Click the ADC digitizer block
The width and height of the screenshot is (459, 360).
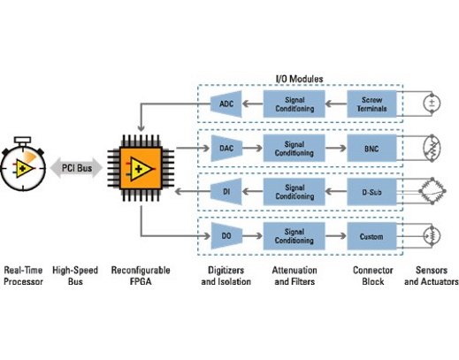(226, 103)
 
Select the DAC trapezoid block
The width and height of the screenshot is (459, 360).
(226, 148)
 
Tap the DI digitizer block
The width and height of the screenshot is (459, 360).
(226, 192)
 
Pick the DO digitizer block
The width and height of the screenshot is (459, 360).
(226, 236)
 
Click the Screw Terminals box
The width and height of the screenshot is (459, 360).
(371, 104)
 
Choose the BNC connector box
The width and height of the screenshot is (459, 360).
(371, 149)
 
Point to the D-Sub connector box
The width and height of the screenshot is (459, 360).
(371, 192)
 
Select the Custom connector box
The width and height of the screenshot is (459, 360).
(371, 236)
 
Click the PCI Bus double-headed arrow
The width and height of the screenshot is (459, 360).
(76, 168)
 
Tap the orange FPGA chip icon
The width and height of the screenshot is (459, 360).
(141, 168)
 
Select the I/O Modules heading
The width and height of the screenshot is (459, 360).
(299, 79)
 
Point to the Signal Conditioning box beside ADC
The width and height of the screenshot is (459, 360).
(295, 104)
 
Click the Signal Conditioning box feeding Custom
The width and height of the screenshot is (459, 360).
(295, 236)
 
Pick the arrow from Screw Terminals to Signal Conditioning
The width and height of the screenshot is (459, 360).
(336, 103)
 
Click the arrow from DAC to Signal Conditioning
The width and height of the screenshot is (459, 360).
(252, 148)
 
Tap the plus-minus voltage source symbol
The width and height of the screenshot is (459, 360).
(432, 103)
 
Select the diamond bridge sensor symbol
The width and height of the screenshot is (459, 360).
(432, 191)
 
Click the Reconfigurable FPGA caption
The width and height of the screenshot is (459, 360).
(141, 276)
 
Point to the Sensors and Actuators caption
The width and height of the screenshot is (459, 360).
(432, 276)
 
